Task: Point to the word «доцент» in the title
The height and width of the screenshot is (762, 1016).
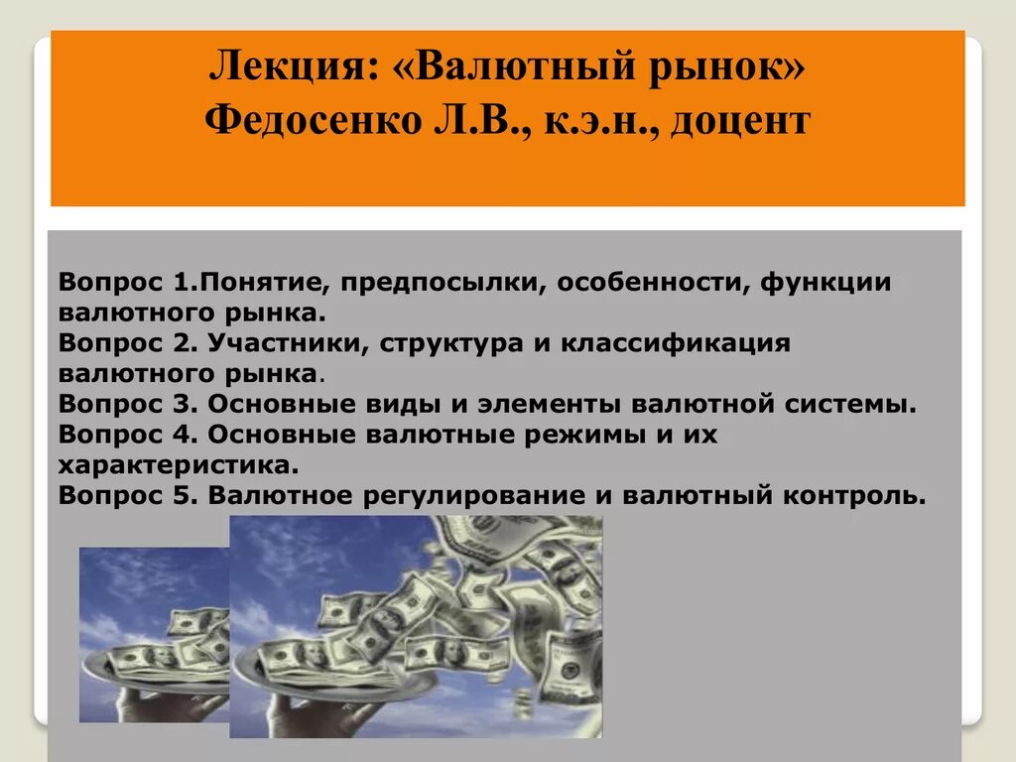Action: pos(740,123)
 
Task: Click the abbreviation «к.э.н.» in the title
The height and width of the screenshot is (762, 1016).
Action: pos(591,123)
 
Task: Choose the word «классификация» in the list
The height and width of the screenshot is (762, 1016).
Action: pos(675,343)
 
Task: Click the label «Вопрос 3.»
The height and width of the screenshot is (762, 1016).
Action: pos(123,405)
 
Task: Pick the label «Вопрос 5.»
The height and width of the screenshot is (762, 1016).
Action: pos(123,496)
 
